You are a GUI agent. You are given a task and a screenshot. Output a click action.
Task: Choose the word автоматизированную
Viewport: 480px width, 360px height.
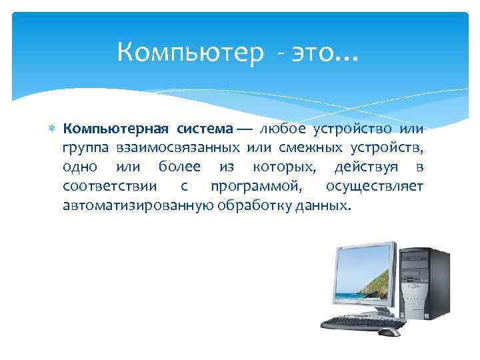[137, 205]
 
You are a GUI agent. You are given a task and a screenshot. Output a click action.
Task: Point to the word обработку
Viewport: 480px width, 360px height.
[252, 205]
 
